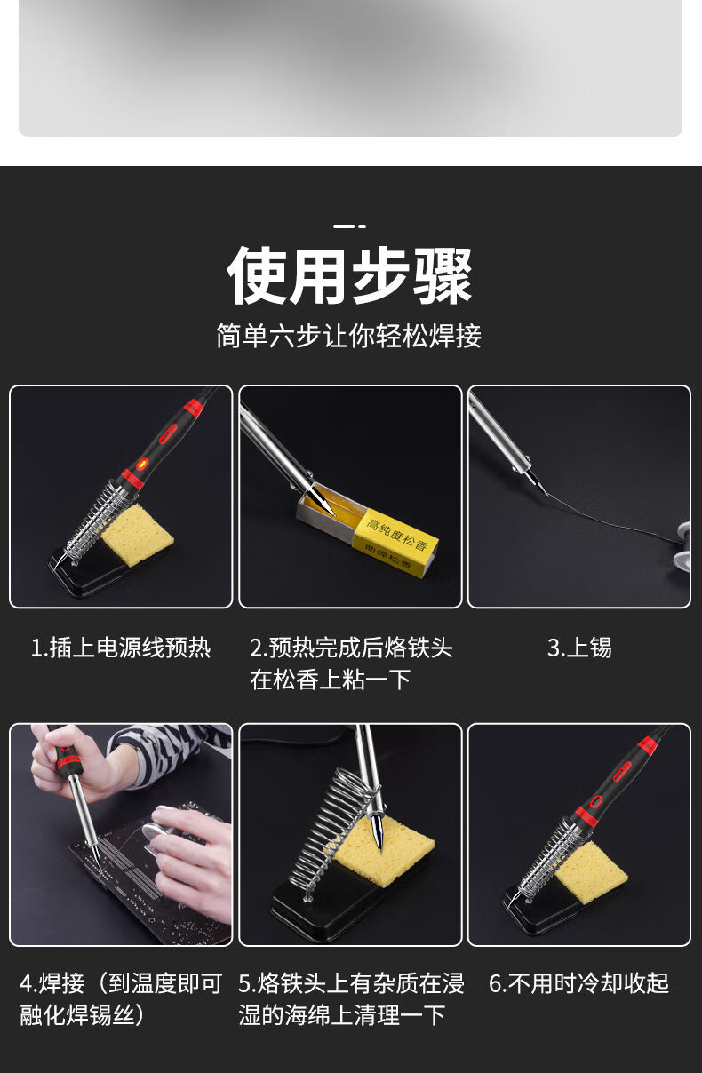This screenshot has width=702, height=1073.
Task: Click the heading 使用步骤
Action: (x=349, y=275)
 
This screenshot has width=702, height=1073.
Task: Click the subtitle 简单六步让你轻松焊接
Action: (x=349, y=337)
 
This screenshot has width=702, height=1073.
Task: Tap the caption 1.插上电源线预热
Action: (x=121, y=648)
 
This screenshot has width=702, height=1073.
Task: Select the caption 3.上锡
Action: (x=579, y=648)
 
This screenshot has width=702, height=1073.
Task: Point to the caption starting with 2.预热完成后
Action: (x=350, y=664)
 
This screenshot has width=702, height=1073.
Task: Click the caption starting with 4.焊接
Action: (x=121, y=999)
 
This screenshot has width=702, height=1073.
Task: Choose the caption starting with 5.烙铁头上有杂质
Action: (x=350, y=999)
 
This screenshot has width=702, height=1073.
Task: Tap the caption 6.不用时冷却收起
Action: (x=579, y=983)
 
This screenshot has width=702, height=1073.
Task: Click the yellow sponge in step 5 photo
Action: (x=384, y=851)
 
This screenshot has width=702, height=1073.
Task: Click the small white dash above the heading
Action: (x=349, y=227)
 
